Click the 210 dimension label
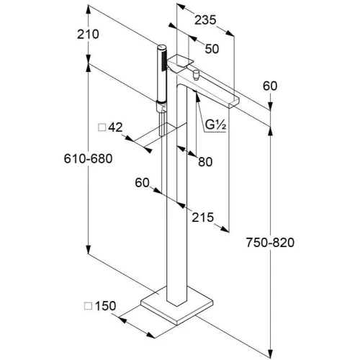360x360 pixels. (x=88, y=35)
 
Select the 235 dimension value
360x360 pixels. (x=205, y=20)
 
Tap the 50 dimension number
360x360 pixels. (x=212, y=49)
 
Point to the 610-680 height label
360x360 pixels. (x=88, y=158)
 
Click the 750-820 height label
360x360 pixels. (x=270, y=243)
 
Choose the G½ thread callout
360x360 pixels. (x=215, y=125)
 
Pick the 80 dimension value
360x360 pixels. (x=205, y=162)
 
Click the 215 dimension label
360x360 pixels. (x=202, y=217)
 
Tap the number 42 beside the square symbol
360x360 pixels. (x=115, y=127)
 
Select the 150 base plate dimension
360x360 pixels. (x=105, y=306)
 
